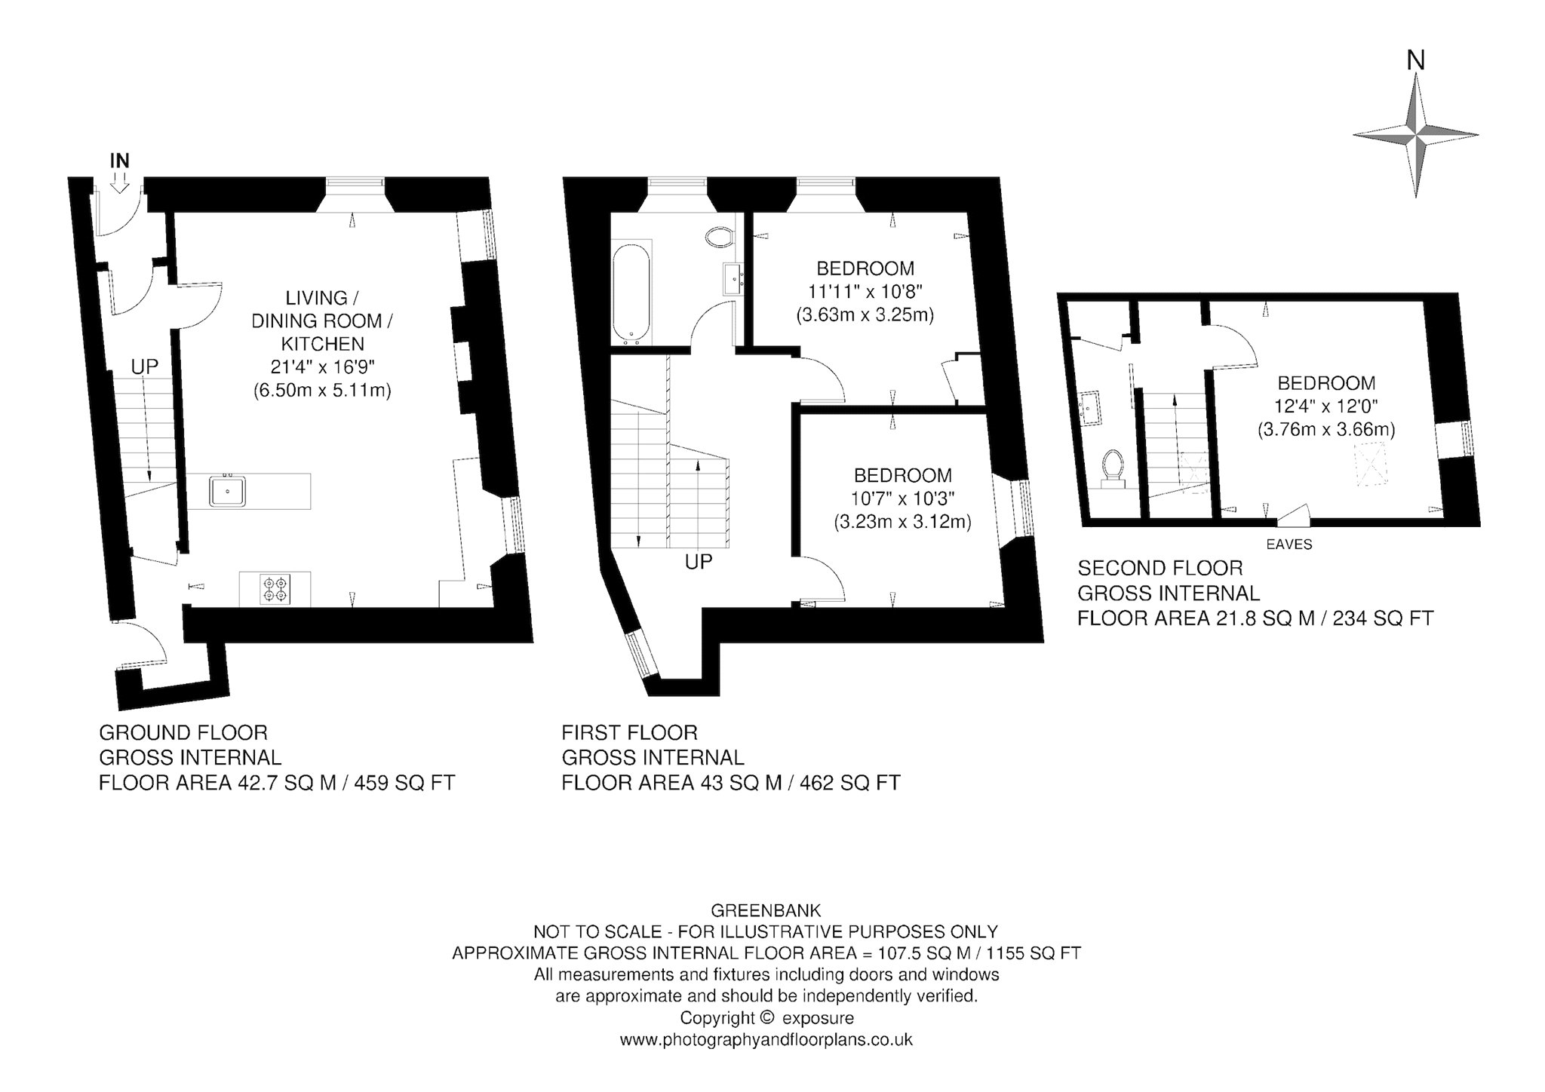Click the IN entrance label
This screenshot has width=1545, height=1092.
pos(120,161)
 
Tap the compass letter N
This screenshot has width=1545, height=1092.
pos(1416,60)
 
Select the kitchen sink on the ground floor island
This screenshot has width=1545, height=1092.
pos(228,491)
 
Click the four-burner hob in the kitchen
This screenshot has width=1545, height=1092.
pos(275,589)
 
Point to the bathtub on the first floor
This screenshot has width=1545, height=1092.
pos(632,293)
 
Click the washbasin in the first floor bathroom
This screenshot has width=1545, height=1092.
pos(733,279)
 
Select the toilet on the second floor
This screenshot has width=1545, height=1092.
pos(1113,469)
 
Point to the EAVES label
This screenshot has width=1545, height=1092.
pos(1289,544)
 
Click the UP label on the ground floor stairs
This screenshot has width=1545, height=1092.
pos(145,367)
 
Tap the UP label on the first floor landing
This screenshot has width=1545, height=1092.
pos(699,562)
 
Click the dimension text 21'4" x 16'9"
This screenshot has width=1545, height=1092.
pos(323,367)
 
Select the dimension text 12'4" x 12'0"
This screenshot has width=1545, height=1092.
pos(1326,406)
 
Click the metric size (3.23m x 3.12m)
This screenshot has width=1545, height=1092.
pos(902,521)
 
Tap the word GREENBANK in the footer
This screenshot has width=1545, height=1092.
pos(766,910)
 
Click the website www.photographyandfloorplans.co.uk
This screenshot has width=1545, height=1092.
pos(766,1040)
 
